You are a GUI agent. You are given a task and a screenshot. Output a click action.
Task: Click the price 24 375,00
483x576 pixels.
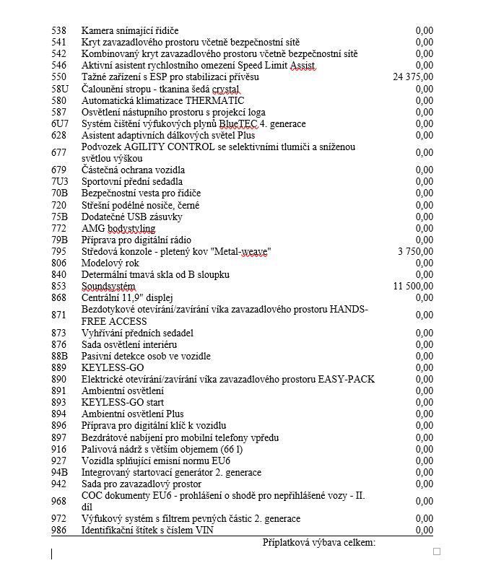pos(413,77)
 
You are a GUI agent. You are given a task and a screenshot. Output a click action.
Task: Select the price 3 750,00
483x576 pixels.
pos(415,251)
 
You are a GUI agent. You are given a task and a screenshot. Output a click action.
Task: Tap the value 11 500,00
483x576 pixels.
pos(413,287)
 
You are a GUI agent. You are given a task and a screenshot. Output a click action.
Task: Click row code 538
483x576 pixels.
pos(58,30)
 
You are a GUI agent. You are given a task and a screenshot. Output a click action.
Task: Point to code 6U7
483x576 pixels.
pos(59,124)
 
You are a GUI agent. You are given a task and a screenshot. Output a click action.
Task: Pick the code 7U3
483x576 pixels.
pos(59,182)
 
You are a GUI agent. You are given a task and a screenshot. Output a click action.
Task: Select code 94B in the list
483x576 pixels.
pos(59,472)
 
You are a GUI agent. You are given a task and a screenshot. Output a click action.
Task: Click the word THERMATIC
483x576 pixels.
pos(214,100)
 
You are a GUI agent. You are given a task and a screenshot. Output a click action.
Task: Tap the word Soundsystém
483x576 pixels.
pos(108,287)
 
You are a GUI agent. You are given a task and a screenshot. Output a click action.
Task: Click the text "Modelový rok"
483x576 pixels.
pos(109,263)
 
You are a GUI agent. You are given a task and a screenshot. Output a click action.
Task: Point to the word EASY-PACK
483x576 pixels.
pos(346,379)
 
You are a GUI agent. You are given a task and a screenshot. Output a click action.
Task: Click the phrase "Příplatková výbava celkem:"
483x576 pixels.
pos(319,542)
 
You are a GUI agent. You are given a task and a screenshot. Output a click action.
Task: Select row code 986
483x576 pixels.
pos(58,531)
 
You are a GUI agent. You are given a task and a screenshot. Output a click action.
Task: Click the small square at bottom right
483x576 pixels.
pos(436,551)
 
